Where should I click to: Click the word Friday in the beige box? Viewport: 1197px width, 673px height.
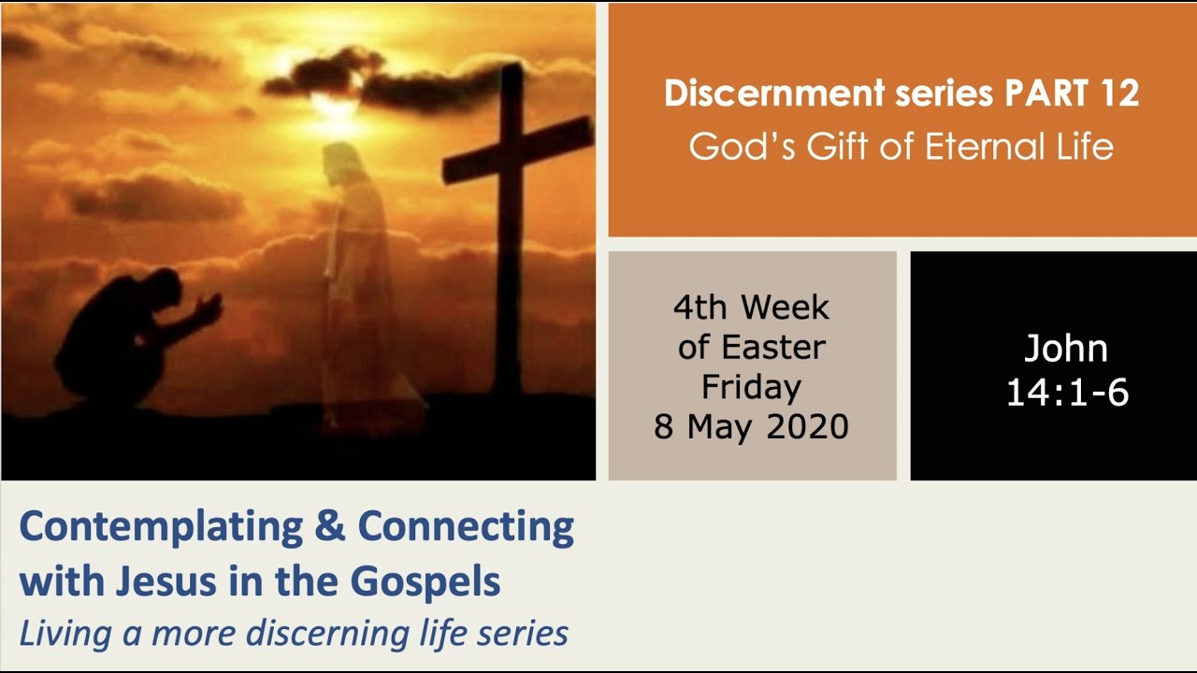tap(752, 387)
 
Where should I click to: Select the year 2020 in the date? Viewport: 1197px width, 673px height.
tap(806, 426)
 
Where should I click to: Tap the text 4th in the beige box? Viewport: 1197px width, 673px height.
tap(705, 308)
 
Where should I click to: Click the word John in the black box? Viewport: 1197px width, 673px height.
tap(1065, 349)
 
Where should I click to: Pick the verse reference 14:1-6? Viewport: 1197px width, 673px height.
tap(1067, 392)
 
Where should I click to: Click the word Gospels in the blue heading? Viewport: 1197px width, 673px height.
tap(425, 581)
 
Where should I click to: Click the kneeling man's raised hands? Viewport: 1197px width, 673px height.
tap(211, 307)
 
